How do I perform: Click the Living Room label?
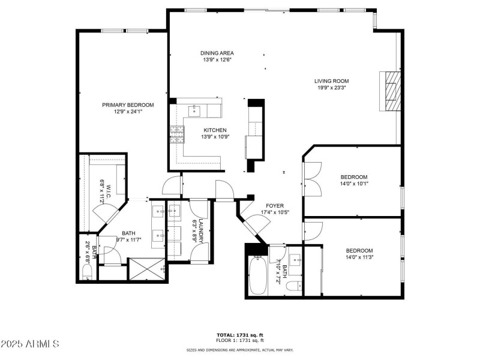tap(331, 81)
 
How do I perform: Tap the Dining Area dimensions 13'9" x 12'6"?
tap(217, 60)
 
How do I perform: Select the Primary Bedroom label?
tap(125, 104)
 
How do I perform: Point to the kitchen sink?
tap(195, 110)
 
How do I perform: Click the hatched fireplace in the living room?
tap(391, 91)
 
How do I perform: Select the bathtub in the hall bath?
tap(257, 275)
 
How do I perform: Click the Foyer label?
tap(275, 206)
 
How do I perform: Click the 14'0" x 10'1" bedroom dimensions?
tap(354, 184)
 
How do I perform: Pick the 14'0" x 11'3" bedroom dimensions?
tap(359, 258)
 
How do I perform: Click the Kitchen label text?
tap(215, 130)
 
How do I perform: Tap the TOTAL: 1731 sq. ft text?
tap(239, 335)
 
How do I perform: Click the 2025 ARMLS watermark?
tap(30, 344)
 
